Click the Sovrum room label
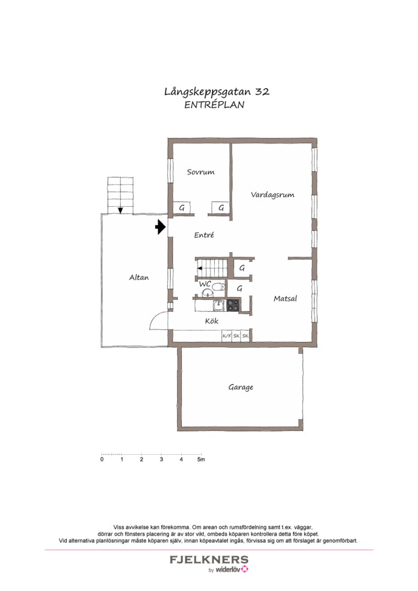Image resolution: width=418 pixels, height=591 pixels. coord(201,172)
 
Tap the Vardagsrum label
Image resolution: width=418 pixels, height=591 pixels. coord(273,194)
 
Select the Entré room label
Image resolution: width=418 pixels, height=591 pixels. coord(204,235)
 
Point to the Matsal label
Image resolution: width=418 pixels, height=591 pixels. coord(285,299)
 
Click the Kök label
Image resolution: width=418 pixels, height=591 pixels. coord(211,321)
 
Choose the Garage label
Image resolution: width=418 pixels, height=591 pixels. coord(241,387)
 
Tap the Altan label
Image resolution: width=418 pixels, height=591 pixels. coord(139,277)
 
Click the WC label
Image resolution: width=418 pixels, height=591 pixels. coord(205,284)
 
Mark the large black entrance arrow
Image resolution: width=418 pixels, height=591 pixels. coord(160,227)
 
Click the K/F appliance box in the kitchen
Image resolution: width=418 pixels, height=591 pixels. coord(226,335)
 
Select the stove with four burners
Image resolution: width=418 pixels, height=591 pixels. coord(233,305)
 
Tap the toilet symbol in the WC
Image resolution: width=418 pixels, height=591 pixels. coord(217,286)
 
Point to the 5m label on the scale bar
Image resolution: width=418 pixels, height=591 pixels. coord(201,460)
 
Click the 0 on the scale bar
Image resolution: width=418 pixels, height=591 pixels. coord(102,460)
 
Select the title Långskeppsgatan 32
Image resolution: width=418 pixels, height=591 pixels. coord(216,92)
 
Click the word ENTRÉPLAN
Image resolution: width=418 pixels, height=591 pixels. coord(214,106)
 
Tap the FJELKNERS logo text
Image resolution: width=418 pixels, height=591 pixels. coord(209,560)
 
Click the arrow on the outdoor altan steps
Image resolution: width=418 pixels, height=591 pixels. coord(120,210)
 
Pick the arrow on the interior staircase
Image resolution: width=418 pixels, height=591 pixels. coord(201,268)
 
